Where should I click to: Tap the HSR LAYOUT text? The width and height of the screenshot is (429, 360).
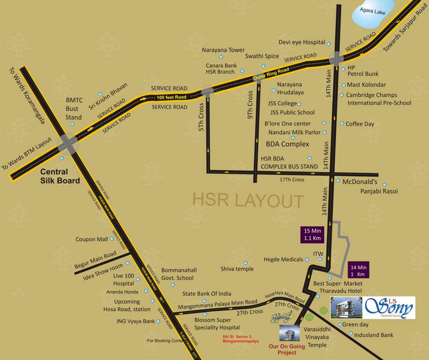[248, 201]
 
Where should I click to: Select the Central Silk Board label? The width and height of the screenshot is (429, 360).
[60, 176]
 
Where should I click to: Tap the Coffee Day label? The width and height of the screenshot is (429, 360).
[360, 124]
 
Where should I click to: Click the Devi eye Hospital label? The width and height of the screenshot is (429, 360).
[301, 42]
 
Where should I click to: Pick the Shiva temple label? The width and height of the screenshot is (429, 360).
[237, 269]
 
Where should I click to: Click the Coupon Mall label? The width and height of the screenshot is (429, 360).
[91, 239]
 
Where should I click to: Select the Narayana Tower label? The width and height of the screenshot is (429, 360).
[223, 50]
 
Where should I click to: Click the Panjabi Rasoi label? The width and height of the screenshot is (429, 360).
[379, 191]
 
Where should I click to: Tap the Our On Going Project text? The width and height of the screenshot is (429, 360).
[286, 349]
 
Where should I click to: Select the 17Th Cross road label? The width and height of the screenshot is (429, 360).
[292, 180]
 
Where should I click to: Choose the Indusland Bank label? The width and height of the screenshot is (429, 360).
[373, 335]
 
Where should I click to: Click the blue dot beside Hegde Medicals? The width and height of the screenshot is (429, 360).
[308, 259]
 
